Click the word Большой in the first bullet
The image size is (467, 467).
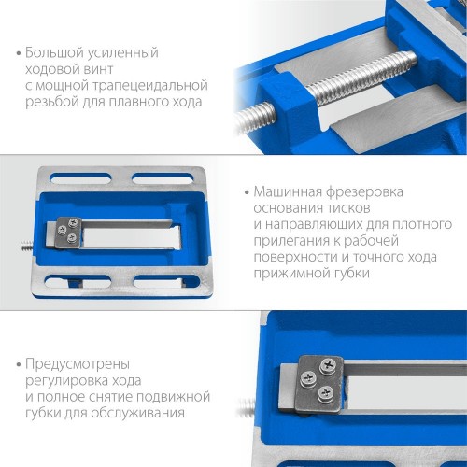click(54, 53)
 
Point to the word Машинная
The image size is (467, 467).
click(288, 192)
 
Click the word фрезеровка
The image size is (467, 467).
click(364, 192)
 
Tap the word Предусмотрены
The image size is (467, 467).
click(78, 364)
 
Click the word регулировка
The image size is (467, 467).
click(66, 381)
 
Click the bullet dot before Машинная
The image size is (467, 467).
click(247, 192)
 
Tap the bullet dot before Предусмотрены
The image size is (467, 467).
click(19, 364)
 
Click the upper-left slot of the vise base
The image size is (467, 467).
click(80, 178)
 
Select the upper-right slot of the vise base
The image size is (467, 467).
click(163, 178)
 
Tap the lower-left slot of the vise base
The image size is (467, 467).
click(78, 281)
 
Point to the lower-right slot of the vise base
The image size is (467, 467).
click(166, 281)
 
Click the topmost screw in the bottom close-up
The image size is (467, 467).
click(328, 365)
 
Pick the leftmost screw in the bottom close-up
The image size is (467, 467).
click(308, 379)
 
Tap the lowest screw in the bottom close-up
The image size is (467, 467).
click(326, 394)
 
